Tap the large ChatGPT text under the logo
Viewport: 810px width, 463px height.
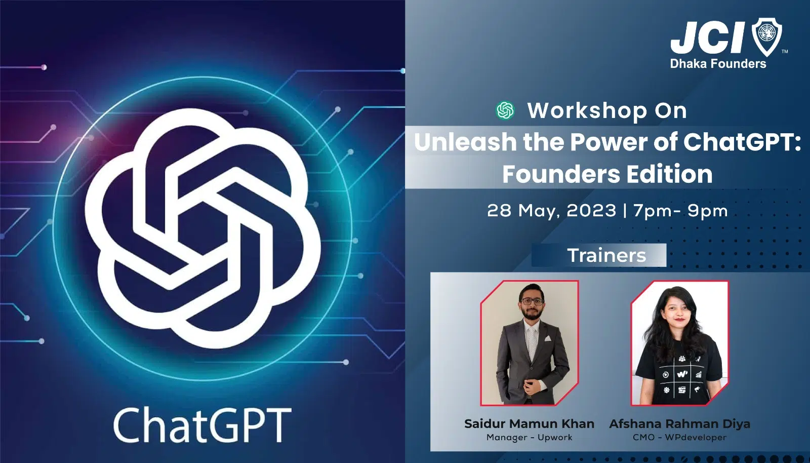coord(202,426)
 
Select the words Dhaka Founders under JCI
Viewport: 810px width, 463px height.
coord(718,64)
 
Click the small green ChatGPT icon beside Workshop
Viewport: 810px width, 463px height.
coord(505,110)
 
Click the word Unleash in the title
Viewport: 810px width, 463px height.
coord(465,142)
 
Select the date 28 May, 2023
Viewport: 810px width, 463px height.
coord(551,211)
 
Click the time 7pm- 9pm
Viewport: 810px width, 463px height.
coord(680,211)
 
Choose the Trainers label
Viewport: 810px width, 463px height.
coord(606,255)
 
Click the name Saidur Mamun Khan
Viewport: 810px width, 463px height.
coord(530,424)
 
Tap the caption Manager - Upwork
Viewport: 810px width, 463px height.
coord(530,438)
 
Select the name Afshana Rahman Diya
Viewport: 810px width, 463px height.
coord(680,424)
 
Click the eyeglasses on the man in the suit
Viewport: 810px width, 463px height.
coord(532,301)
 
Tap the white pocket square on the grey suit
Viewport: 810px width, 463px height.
coord(548,339)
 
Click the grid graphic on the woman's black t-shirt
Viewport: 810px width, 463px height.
coord(680,375)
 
